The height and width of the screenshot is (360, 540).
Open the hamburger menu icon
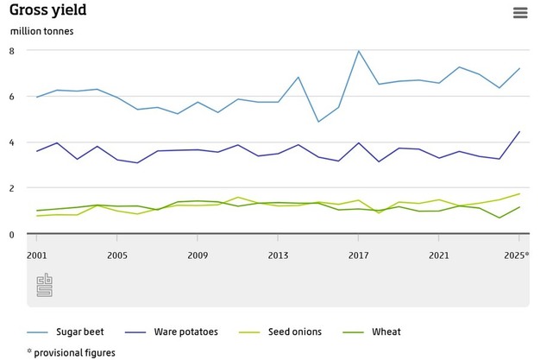click(519, 12)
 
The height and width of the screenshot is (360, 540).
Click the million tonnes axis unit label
click(42, 32)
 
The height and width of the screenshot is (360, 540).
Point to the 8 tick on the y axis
click(13, 51)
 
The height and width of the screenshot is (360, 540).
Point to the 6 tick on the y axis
click(13, 97)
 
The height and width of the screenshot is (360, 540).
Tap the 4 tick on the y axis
click(13, 142)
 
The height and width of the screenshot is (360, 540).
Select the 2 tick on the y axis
click(13, 188)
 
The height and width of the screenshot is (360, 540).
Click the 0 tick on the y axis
click(13, 234)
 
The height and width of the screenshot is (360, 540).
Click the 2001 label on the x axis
click(37, 256)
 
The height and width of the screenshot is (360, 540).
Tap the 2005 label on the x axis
click(117, 256)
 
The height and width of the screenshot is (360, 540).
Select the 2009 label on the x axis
click(198, 256)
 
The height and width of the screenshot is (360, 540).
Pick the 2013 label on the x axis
click(278, 256)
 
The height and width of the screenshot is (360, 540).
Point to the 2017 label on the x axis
click(358, 256)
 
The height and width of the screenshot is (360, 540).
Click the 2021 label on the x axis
click(438, 256)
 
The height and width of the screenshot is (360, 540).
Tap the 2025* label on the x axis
click(517, 256)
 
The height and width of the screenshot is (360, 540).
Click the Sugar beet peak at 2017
click(358, 51)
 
